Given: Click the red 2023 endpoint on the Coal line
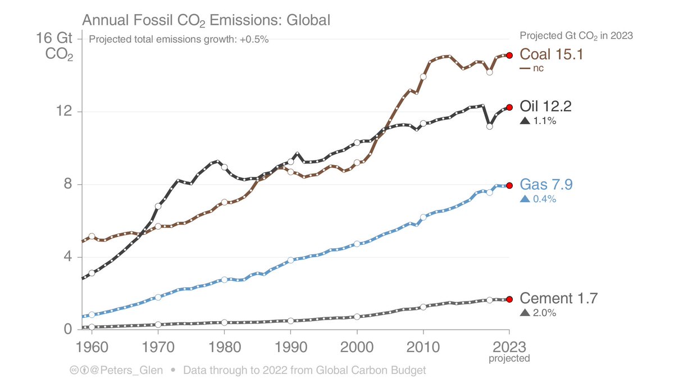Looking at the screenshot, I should [x=509, y=55].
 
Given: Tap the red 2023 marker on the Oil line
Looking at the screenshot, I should [x=509, y=107].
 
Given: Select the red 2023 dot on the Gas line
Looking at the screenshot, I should [x=509, y=185].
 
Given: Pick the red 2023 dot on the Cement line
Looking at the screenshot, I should [x=509, y=299].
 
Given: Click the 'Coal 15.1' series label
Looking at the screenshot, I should [x=551, y=54].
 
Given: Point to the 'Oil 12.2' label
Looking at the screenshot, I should [x=546, y=107].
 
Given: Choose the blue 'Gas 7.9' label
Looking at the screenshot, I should [x=546, y=185].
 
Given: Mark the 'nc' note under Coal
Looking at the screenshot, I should [x=539, y=69].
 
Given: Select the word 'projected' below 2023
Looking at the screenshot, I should [x=509, y=358].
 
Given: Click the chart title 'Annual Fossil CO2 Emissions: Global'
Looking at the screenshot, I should [x=206, y=20].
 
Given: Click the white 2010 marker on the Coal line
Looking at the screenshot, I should [x=423, y=76].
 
